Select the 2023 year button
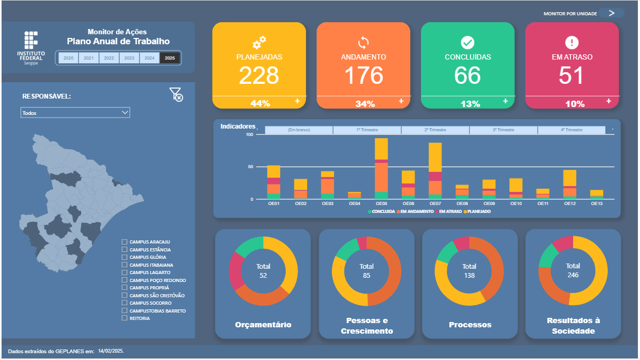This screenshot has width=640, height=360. point(129,58)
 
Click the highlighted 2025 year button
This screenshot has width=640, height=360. point(170,58)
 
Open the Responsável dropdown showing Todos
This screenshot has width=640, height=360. point(75,113)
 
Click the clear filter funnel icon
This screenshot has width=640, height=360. point(176,95)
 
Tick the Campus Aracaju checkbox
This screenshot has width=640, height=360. point(124,242)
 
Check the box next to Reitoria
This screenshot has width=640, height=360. point(124,318)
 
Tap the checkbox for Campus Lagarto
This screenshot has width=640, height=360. point(124,273)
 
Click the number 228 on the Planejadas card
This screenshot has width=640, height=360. point(259,75)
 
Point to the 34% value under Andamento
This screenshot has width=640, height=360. point(365,104)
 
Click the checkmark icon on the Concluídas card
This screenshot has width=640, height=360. point(468,43)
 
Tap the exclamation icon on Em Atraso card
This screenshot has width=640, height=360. point(572,43)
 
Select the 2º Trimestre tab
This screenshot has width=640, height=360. point(435,130)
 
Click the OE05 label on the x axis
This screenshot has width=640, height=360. point(381,203)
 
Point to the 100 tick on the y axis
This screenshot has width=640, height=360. point(250,135)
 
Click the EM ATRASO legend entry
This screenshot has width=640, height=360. point(449,211)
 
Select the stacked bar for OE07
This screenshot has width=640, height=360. point(435,171)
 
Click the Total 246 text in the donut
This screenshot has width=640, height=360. point(573,270)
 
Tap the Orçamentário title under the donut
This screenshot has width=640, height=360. point(263,325)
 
